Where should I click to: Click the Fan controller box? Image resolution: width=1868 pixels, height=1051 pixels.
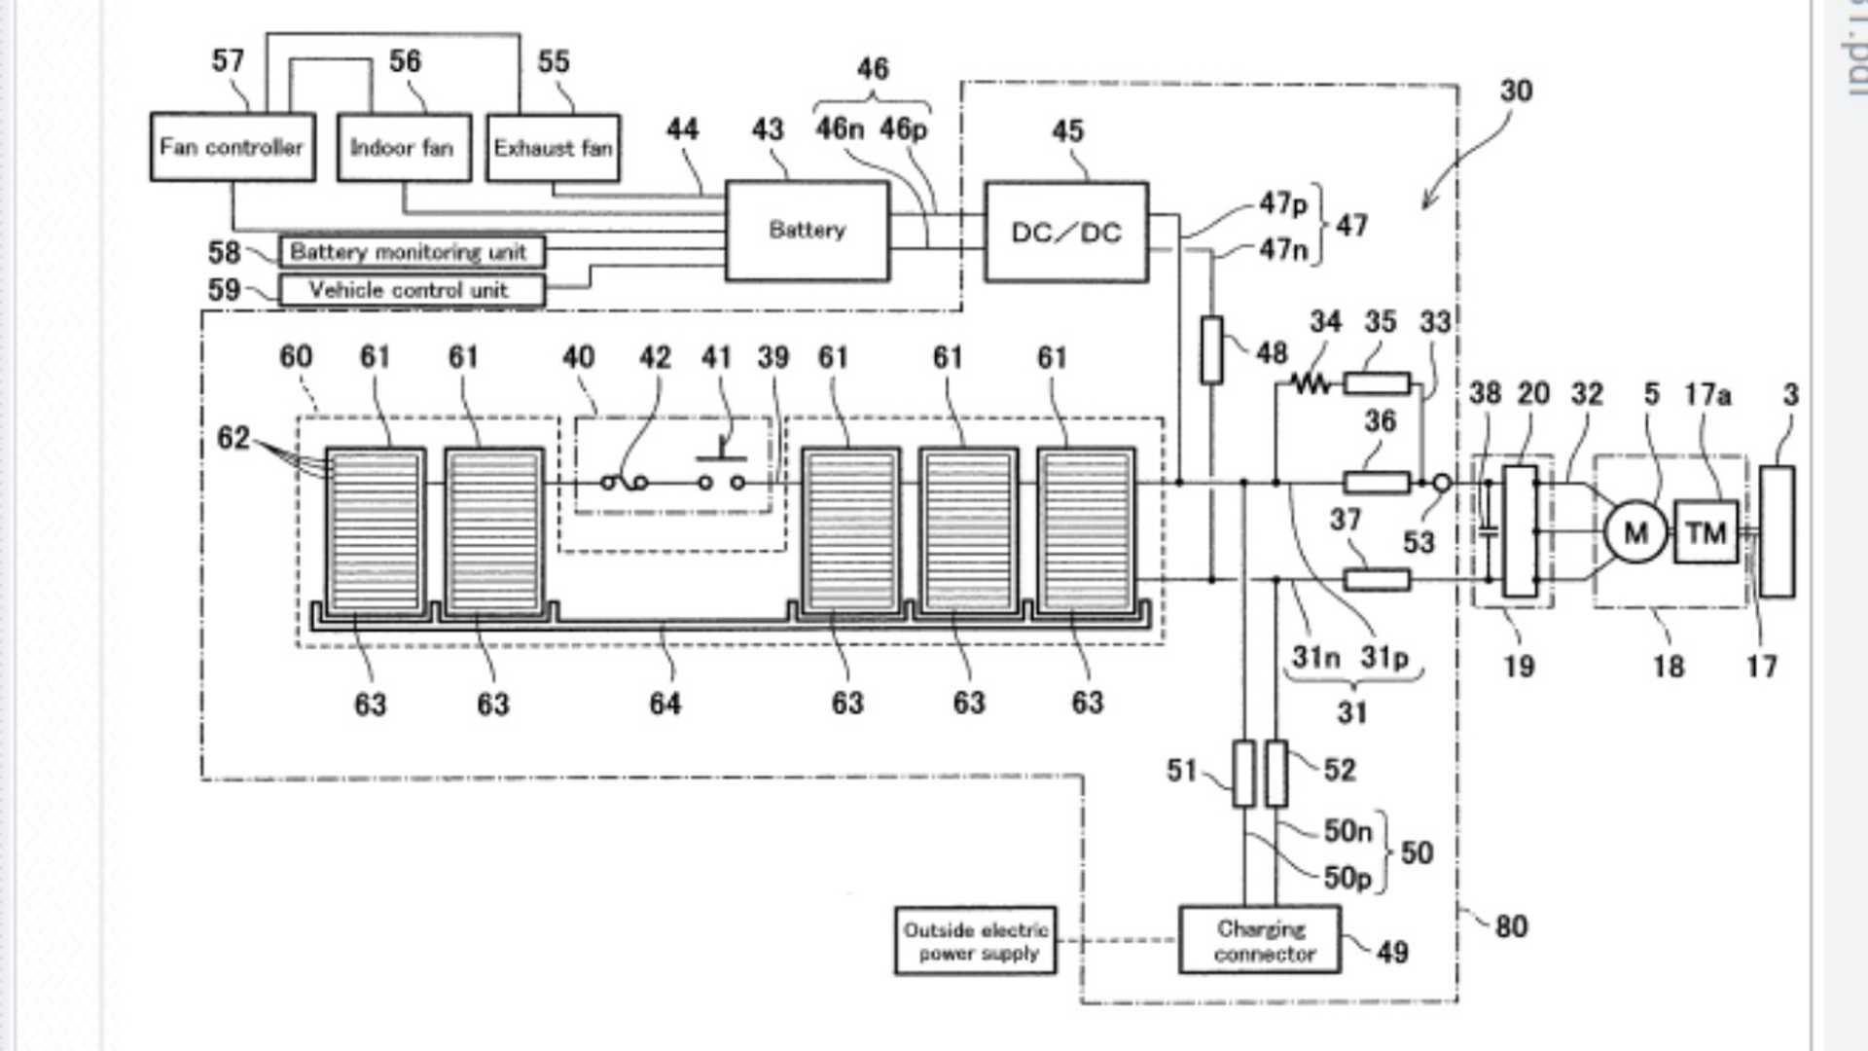pos(233,147)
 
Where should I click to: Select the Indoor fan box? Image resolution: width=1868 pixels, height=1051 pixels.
pos(404,148)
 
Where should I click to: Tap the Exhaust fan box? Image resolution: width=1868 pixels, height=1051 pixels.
pos(553,148)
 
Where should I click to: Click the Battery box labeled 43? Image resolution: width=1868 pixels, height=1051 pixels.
pos(807,231)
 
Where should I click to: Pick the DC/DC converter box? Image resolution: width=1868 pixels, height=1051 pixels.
pos(1066,233)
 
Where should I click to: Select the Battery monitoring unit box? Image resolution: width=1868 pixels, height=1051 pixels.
pos(412,252)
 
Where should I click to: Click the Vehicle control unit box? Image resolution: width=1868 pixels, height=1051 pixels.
pos(412,290)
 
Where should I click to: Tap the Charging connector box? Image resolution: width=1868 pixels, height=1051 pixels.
pos(1260,940)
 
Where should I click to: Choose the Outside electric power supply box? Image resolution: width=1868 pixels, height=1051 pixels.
pos(975,940)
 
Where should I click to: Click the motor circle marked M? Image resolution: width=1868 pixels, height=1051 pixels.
pos(1635,532)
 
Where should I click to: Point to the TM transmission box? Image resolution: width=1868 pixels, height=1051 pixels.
pos(1706,532)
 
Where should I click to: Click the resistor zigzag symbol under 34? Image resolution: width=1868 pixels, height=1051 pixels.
pos(1311,383)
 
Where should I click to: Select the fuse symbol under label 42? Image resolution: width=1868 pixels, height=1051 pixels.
pos(625,482)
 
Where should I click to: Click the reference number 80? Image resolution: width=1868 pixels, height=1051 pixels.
pos(1510,926)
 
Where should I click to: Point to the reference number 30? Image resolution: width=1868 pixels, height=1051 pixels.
pos(1516,91)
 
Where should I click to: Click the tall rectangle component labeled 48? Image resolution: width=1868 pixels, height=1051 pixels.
pos(1211,349)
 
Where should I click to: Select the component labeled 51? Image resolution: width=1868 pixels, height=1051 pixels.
pos(1243,774)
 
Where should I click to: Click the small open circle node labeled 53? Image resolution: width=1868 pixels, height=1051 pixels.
pos(1442,483)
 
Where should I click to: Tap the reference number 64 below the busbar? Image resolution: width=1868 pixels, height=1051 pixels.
pos(665,704)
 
